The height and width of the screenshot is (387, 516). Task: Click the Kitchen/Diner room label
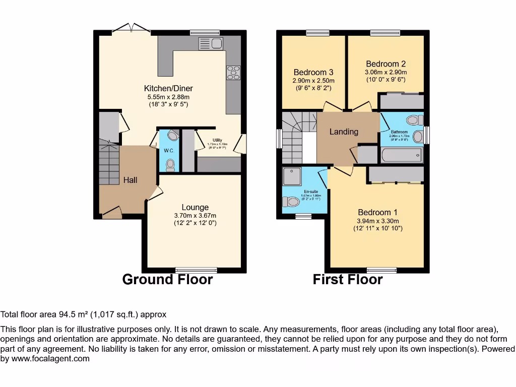click(168, 88)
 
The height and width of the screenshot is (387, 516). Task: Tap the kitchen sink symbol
click(211, 43)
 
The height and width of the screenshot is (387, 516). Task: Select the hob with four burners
click(233, 73)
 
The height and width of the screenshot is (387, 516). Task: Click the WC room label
click(168, 151)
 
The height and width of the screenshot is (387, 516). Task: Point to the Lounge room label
click(195, 207)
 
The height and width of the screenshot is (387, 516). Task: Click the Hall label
click(131, 180)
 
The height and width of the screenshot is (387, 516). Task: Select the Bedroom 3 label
click(313, 72)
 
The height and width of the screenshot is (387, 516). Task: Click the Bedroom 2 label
click(385, 64)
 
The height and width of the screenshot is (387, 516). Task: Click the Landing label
click(344, 132)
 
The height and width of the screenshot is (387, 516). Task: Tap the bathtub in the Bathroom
click(402, 155)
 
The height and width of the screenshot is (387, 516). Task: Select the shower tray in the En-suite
click(291, 176)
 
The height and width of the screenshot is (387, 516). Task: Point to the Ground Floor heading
click(167, 279)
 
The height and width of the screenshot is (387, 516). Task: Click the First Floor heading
click(348, 279)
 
